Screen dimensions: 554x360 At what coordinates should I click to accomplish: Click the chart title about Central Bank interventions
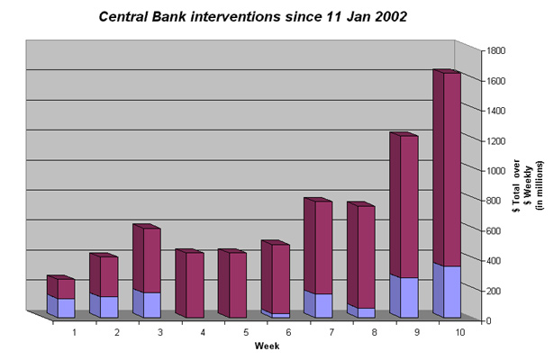(x=252, y=16)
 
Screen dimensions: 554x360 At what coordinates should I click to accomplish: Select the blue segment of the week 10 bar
(x=447, y=291)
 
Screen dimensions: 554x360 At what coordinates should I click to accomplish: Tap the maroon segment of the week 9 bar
(x=404, y=205)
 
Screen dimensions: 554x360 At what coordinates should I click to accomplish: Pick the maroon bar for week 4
(x=190, y=283)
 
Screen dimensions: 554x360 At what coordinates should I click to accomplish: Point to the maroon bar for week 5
(x=232, y=283)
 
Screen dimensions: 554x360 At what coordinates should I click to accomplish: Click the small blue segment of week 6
(x=276, y=314)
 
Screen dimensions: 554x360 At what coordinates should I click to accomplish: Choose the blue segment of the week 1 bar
(x=60, y=306)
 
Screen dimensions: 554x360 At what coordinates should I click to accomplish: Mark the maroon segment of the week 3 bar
(x=147, y=258)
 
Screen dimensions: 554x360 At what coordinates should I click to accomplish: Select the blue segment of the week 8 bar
(x=361, y=310)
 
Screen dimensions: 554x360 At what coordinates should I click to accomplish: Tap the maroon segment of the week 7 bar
(x=318, y=246)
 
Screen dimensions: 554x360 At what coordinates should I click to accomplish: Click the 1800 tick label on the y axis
(x=496, y=50)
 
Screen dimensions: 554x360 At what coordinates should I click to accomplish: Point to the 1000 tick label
(x=496, y=171)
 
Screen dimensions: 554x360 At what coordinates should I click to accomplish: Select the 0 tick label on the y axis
(x=488, y=320)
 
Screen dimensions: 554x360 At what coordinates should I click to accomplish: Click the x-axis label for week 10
(x=460, y=332)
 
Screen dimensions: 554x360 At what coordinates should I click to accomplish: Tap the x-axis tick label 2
(x=117, y=332)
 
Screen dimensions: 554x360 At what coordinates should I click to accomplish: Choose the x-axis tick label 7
(x=331, y=332)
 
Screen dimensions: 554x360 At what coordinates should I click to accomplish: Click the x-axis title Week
(x=267, y=346)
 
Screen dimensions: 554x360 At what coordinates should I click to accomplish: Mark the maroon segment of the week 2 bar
(x=104, y=274)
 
